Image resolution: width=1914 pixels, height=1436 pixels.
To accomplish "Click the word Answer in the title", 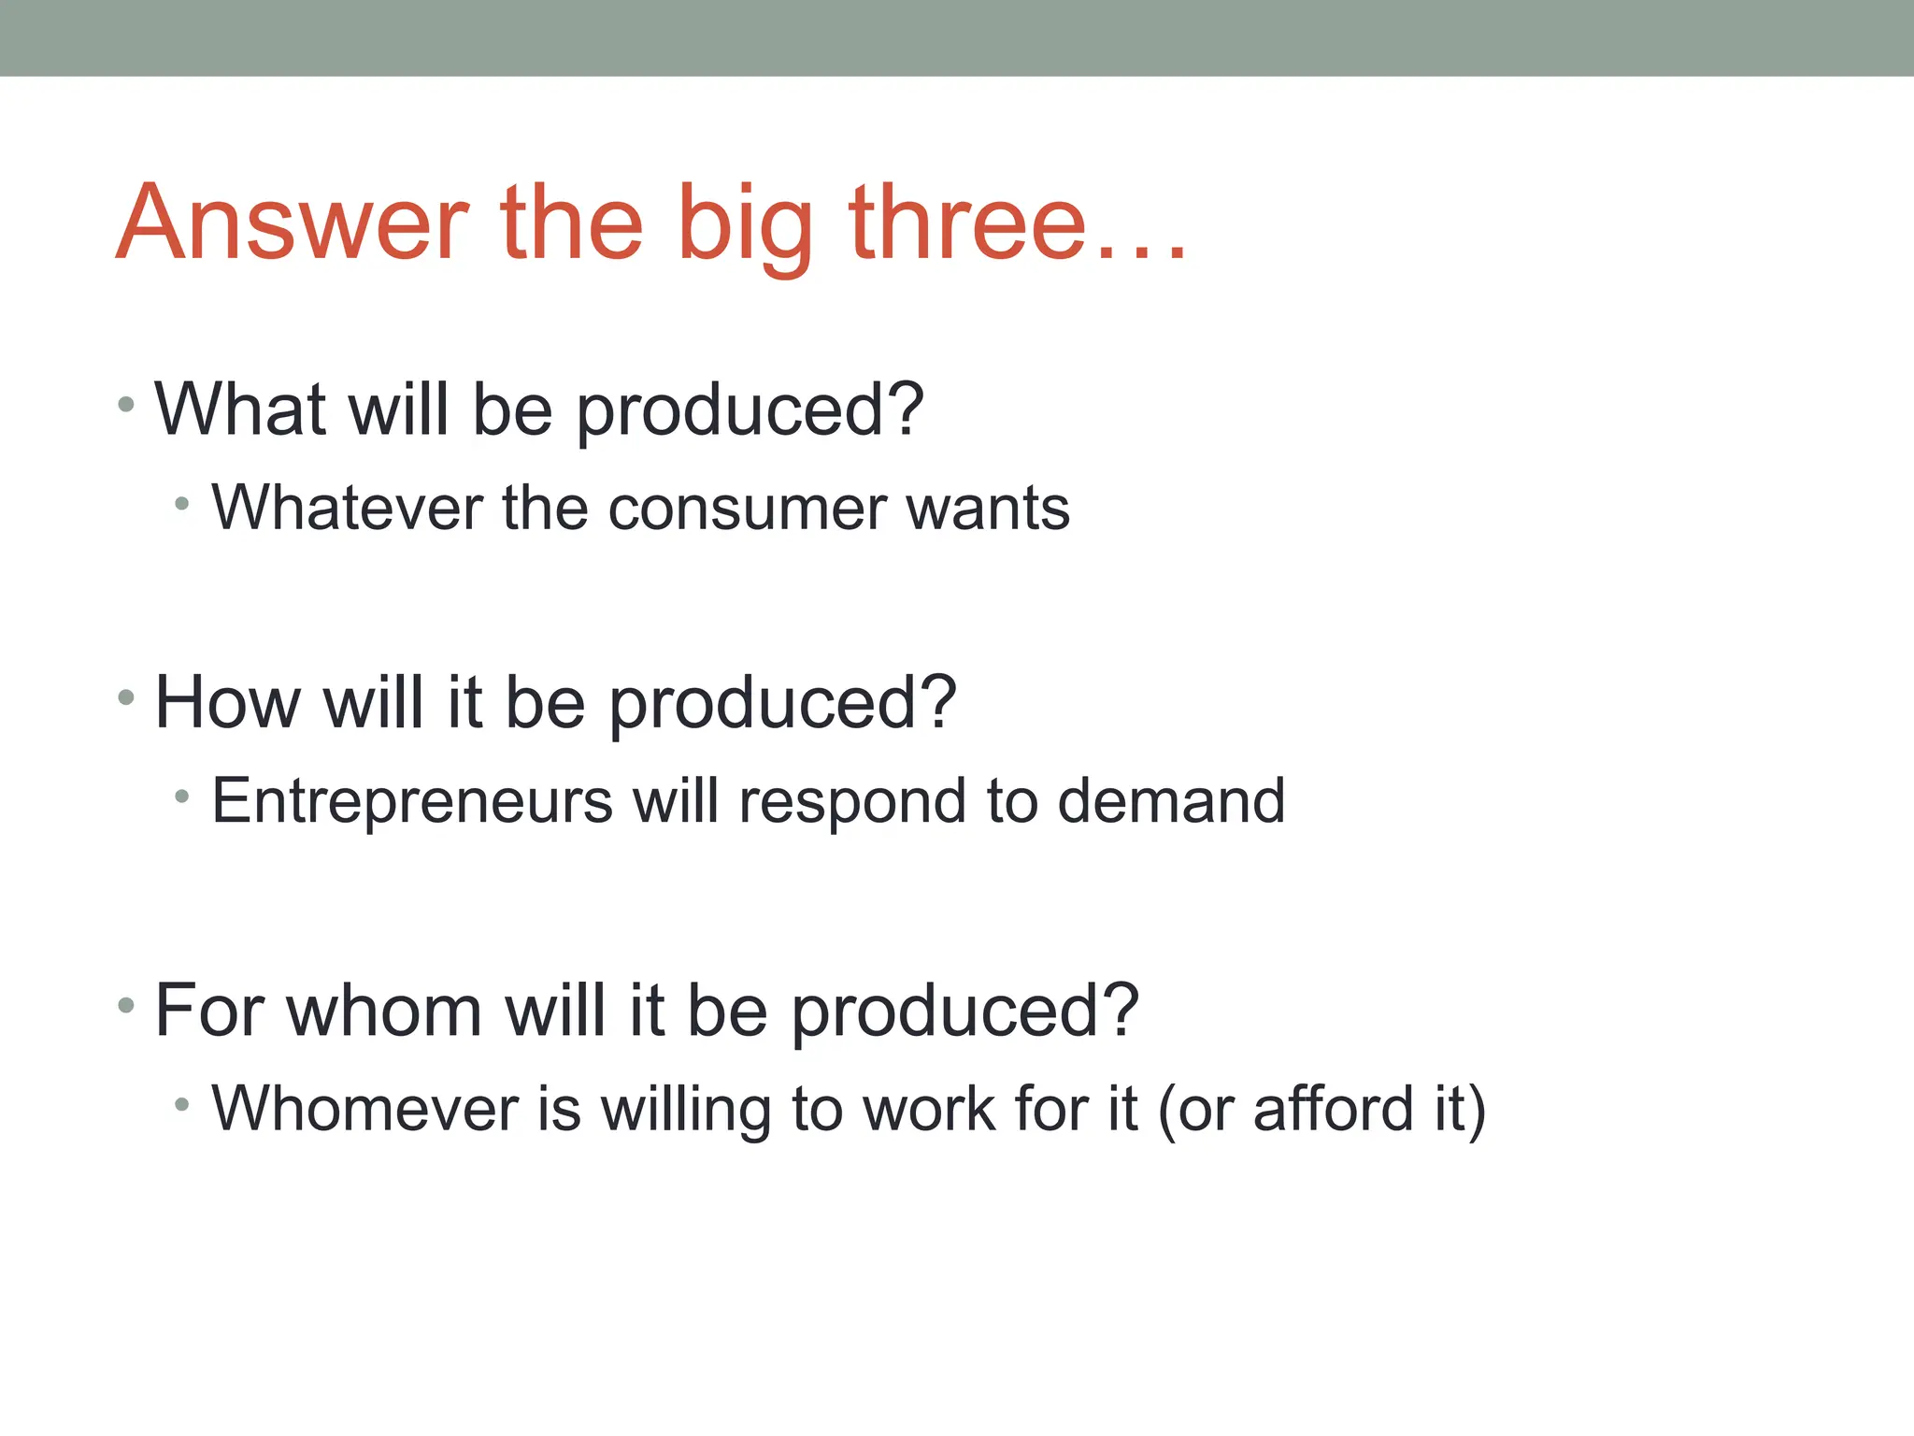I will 292,224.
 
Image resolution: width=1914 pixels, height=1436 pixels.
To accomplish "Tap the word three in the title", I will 968,224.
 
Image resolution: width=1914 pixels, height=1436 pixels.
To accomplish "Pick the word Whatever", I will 346,509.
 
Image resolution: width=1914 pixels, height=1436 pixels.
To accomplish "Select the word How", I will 227,703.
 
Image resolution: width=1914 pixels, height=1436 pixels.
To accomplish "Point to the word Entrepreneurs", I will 411,802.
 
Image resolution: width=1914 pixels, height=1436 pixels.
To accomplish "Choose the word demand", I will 1171,802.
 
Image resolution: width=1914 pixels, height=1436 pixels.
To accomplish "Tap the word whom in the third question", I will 384,1012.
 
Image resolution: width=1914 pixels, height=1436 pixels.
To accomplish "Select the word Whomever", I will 364,1109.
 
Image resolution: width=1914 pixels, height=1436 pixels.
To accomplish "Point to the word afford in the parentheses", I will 1333,1109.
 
